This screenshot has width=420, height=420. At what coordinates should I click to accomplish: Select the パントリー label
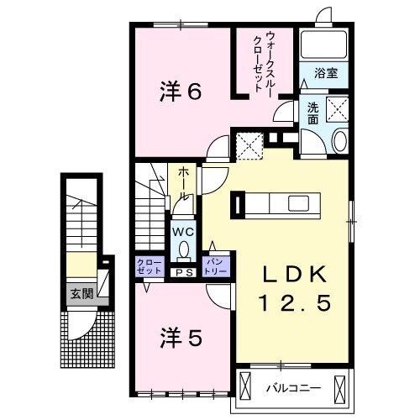[x=217, y=267]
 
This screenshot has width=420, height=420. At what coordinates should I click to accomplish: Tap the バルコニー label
[x=287, y=388]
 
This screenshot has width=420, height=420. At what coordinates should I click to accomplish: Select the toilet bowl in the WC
[x=183, y=249]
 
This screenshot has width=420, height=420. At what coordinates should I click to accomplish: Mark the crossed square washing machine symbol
[x=336, y=109]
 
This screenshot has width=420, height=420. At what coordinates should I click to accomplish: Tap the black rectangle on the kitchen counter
[x=239, y=204]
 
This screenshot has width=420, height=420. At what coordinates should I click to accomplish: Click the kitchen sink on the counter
[x=298, y=203]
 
